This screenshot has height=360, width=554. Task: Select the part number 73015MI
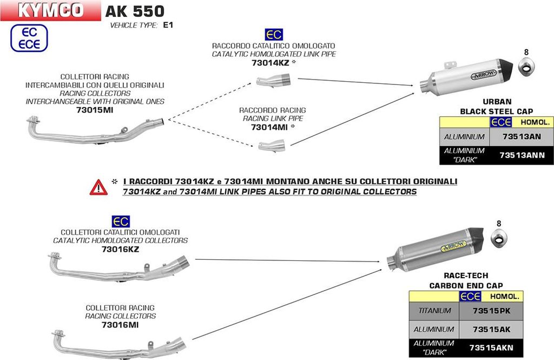pyautogui.click(x=95, y=110)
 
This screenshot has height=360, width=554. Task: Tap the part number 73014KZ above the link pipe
pyautogui.click(x=271, y=63)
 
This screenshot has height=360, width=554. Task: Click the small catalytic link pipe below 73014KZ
pyautogui.click(x=274, y=82)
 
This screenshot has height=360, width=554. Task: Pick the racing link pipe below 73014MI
pyautogui.click(x=272, y=145)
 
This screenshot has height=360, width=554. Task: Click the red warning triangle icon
pyautogui.click(x=99, y=187)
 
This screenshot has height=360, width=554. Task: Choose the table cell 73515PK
pyautogui.click(x=491, y=311)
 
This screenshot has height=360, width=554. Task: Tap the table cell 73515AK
pyautogui.click(x=491, y=329)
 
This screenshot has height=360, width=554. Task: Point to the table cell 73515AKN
pyautogui.click(x=491, y=348)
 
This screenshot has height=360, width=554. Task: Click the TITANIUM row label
pyautogui.click(x=434, y=311)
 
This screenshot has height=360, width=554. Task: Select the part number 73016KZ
pyautogui.click(x=120, y=249)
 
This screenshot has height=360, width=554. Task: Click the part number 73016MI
pyautogui.click(x=120, y=324)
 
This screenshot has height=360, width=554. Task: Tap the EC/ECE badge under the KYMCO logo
pyautogui.click(x=30, y=38)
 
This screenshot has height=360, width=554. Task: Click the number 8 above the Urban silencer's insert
pyautogui.click(x=525, y=53)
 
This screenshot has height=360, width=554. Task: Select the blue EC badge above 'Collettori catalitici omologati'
pyautogui.click(x=120, y=221)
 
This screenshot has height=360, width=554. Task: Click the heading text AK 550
pyautogui.click(x=135, y=11)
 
